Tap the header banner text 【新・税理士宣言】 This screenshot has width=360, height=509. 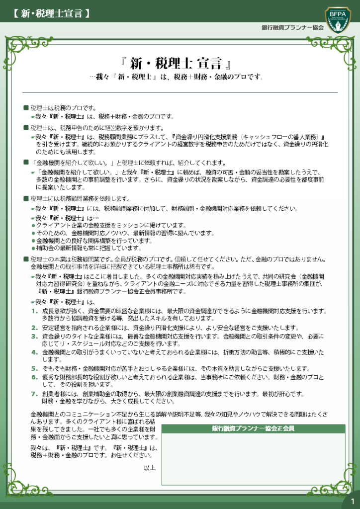click(49, 13)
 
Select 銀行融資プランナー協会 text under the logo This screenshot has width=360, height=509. click(292, 27)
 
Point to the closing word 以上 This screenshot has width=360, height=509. click(150, 468)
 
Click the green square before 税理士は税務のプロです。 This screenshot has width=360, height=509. click(26, 108)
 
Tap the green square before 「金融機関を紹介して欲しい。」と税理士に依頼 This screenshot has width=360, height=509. click(26, 163)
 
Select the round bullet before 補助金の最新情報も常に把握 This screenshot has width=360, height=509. click(33, 248)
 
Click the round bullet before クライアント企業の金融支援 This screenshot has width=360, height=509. click(33, 226)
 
